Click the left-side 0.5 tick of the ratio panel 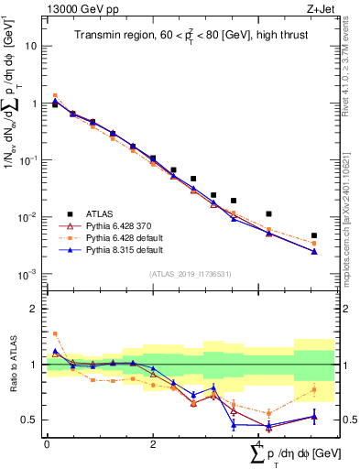pyautogui.click(x=31, y=420)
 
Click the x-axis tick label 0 pyautogui.click(x=47, y=443)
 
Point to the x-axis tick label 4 pyautogui.click(x=260, y=443)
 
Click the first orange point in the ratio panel pyautogui.click(x=55, y=333)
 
